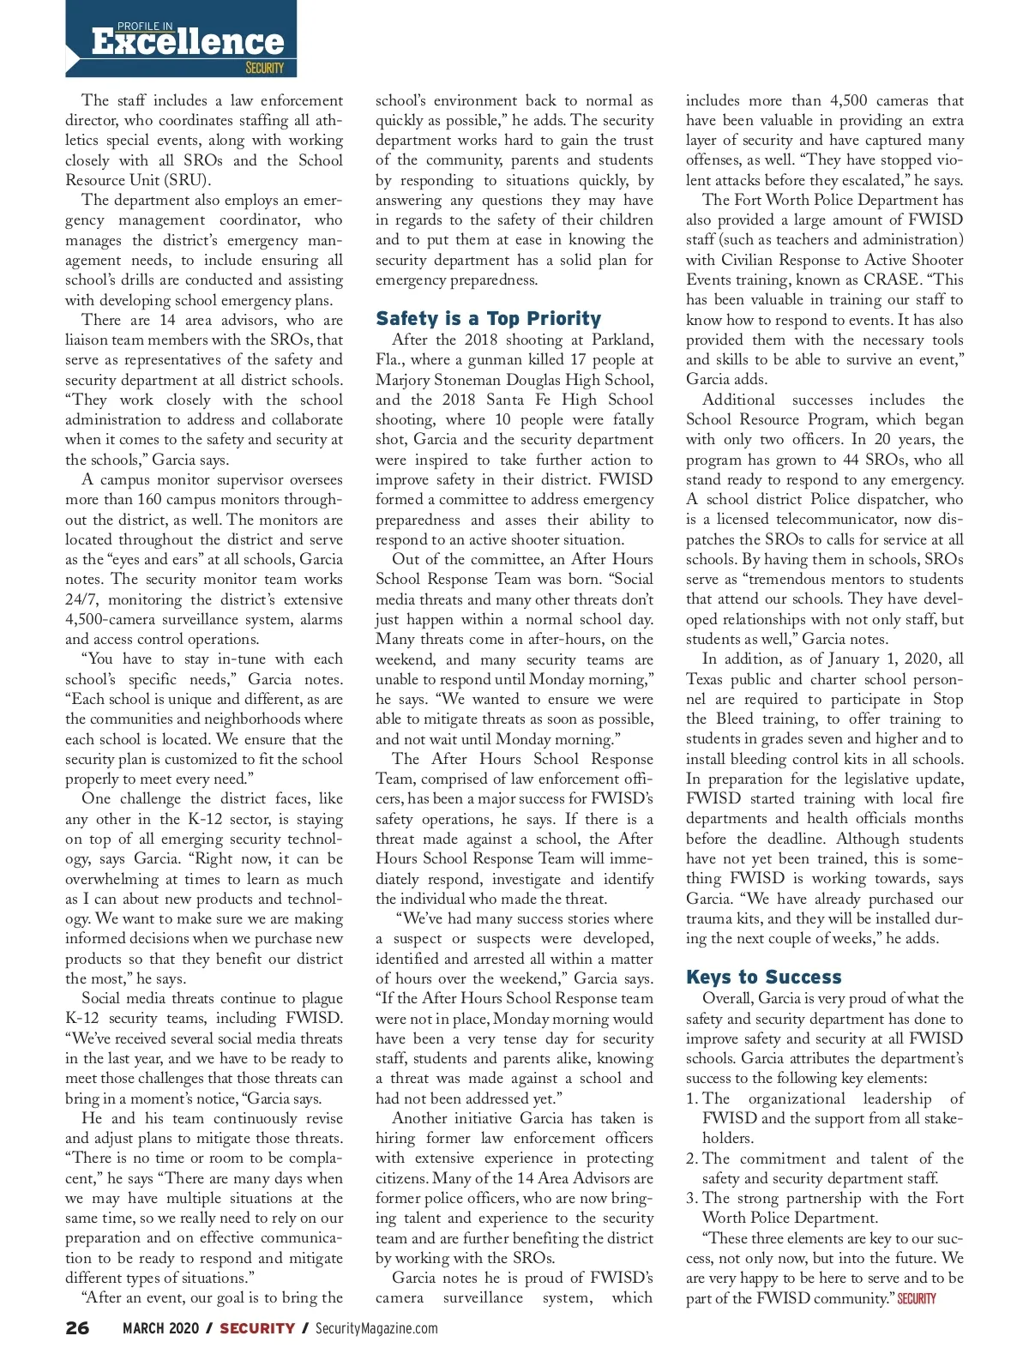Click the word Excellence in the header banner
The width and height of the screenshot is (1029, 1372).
(x=187, y=43)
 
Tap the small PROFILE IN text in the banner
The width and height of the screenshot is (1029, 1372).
(x=145, y=27)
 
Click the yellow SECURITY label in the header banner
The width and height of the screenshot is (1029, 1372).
(x=264, y=68)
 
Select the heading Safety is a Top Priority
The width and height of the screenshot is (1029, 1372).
(x=488, y=319)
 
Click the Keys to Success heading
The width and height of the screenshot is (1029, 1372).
(x=763, y=978)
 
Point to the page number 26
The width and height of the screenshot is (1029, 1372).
(x=77, y=1328)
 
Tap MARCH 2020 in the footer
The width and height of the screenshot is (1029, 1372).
(x=160, y=1328)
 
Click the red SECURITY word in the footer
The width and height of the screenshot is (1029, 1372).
(x=257, y=1328)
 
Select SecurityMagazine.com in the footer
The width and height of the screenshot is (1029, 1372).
(x=376, y=1328)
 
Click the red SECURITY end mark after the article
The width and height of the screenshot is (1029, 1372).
(x=917, y=1299)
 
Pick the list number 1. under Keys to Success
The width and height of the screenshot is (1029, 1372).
(x=692, y=1098)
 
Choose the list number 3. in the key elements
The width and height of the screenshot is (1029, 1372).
(x=692, y=1199)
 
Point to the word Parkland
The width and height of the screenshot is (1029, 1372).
(x=623, y=340)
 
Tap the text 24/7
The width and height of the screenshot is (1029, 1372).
(x=82, y=600)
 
